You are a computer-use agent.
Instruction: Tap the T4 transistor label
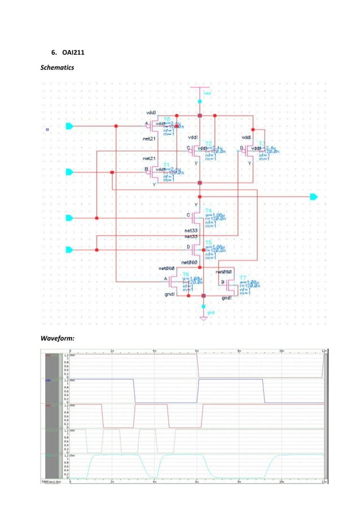coord(209,210)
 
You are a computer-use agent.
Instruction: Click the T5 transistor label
coord(209,242)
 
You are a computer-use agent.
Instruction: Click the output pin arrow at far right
coord(313,197)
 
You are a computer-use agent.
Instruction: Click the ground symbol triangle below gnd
coord(203,318)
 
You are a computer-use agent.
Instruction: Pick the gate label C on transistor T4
coord(188,215)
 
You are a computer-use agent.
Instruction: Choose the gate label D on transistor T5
coord(188,246)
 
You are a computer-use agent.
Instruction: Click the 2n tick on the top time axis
coord(112,350)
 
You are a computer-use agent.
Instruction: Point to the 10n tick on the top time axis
coord(282,350)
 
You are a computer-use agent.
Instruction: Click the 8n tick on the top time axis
coord(239,350)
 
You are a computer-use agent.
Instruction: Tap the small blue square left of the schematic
coord(48,129)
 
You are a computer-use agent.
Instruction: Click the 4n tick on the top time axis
coord(155,350)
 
